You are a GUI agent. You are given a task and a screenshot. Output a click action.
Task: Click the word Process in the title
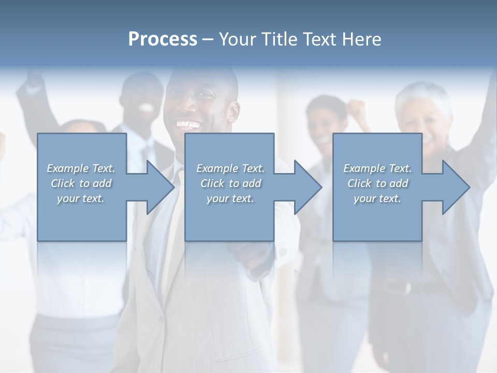[163, 39]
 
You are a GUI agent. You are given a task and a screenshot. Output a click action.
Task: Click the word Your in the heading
[238, 39]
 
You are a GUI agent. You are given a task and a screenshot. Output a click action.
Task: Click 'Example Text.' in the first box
[81, 168]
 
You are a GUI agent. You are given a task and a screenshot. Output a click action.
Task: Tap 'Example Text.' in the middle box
[230, 168]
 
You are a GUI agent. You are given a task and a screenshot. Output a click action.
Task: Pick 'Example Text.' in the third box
[377, 168]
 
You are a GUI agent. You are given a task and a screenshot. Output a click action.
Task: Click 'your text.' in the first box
[81, 198]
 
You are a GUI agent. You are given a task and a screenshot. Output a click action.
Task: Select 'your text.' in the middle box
[230, 198]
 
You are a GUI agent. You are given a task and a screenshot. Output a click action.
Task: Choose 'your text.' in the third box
[377, 198]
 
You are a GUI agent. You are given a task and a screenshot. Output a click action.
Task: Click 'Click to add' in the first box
[81, 183]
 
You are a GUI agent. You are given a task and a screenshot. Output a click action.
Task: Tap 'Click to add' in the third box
[377, 183]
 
